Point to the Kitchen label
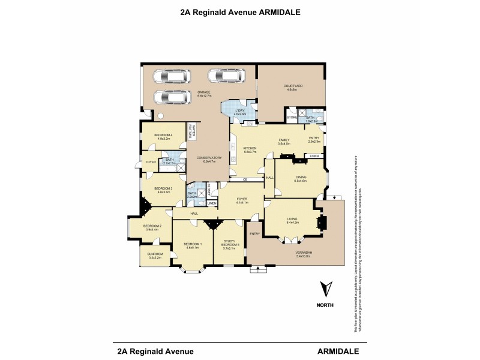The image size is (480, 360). click(250, 149)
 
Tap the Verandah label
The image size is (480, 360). click(295, 253)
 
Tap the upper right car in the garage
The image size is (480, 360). click(226, 76)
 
